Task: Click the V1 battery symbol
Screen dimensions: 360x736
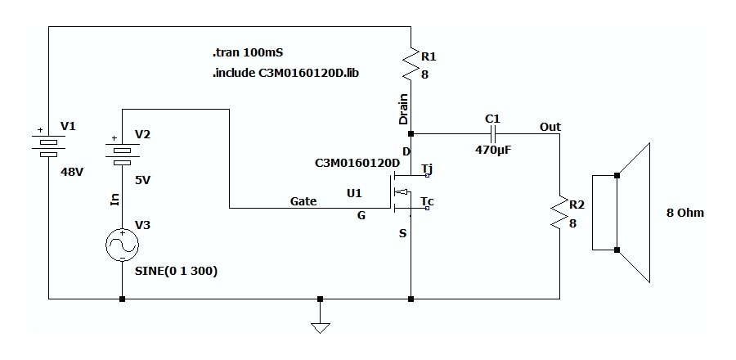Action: click(49, 142)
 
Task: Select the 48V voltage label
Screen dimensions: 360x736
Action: click(73, 173)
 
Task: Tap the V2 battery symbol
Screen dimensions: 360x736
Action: click(122, 151)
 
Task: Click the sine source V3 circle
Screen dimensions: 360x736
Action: click(122, 245)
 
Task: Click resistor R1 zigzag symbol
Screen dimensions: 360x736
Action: click(410, 64)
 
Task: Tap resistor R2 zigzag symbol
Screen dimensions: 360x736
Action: click(559, 212)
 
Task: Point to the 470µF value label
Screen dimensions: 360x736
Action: click(493, 151)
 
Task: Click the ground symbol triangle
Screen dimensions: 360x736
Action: click(320, 327)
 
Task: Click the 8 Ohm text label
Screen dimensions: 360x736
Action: click(684, 213)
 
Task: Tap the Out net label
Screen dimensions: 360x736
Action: click(550, 127)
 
